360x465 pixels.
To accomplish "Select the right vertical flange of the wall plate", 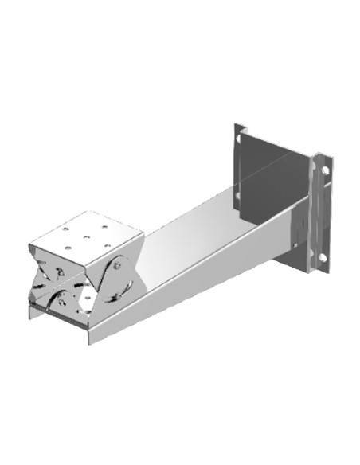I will tap(321, 211).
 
